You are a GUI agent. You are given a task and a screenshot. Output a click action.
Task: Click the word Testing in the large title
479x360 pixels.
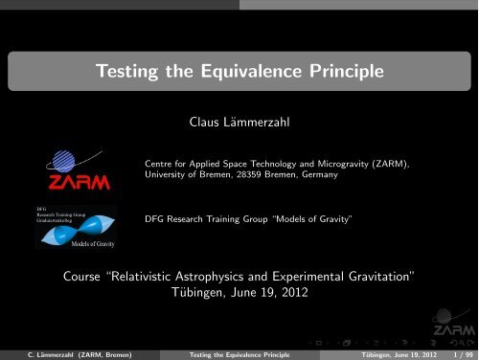point(136,70)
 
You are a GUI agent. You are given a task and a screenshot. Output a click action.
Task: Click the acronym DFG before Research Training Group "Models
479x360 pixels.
point(154,220)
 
